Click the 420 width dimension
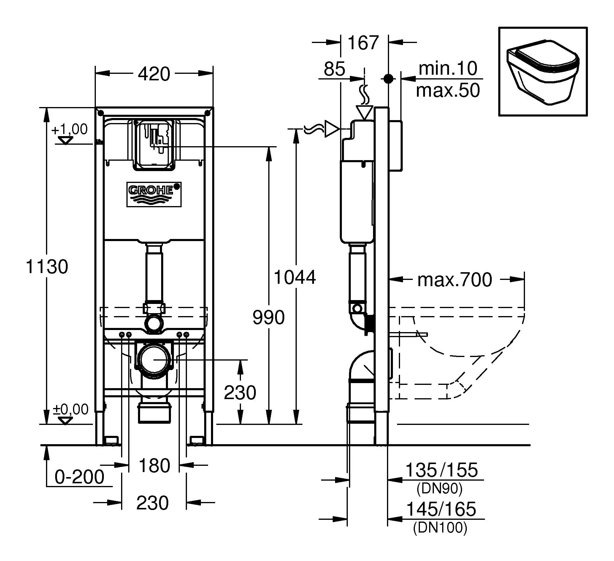pyautogui.click(x=154, y=74)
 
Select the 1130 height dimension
pyautogui.click(x=47, y=267)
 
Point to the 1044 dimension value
pyautogui.click(x=295, y=277)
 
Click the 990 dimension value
pyautogui.click(x=268, y=317)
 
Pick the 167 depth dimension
pyautogui.click(x=363, y=43)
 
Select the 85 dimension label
pyautogui.click(x=334, y=69)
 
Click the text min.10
pyautogui.click(x=448, y=68)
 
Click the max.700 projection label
pyautogui.click(x=454, y=280)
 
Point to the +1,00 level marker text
pyautogui.click(x=69, y=129)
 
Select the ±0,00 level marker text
pyautogui.click(x=71, y=409)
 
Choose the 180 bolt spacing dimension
pyautogui.click(x=154, y=466)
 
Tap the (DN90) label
pyautogui.click(x=439, y=488)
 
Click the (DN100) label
pyautogui.click(x=440, y=527)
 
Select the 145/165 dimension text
pyautogui.click(x=441, y=509)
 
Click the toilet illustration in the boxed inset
pyautogui.click(x=542, y=72)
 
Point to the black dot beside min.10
pyautogui.click(x=388, y=79)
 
